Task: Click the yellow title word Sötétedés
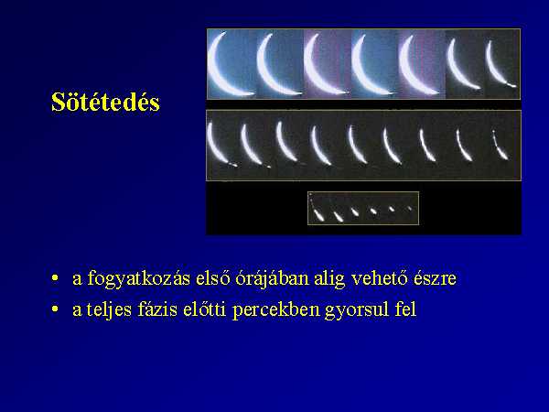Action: pos(105,102)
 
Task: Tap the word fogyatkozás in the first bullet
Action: pos(139,279)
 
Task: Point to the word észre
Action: pos(435,278)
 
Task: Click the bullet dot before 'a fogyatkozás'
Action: pos(55,278)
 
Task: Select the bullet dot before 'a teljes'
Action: pos(55,309)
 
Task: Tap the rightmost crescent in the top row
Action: pos(493,71)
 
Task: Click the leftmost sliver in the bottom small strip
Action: pos(318,214)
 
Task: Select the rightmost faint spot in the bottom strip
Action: pos(409,209)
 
